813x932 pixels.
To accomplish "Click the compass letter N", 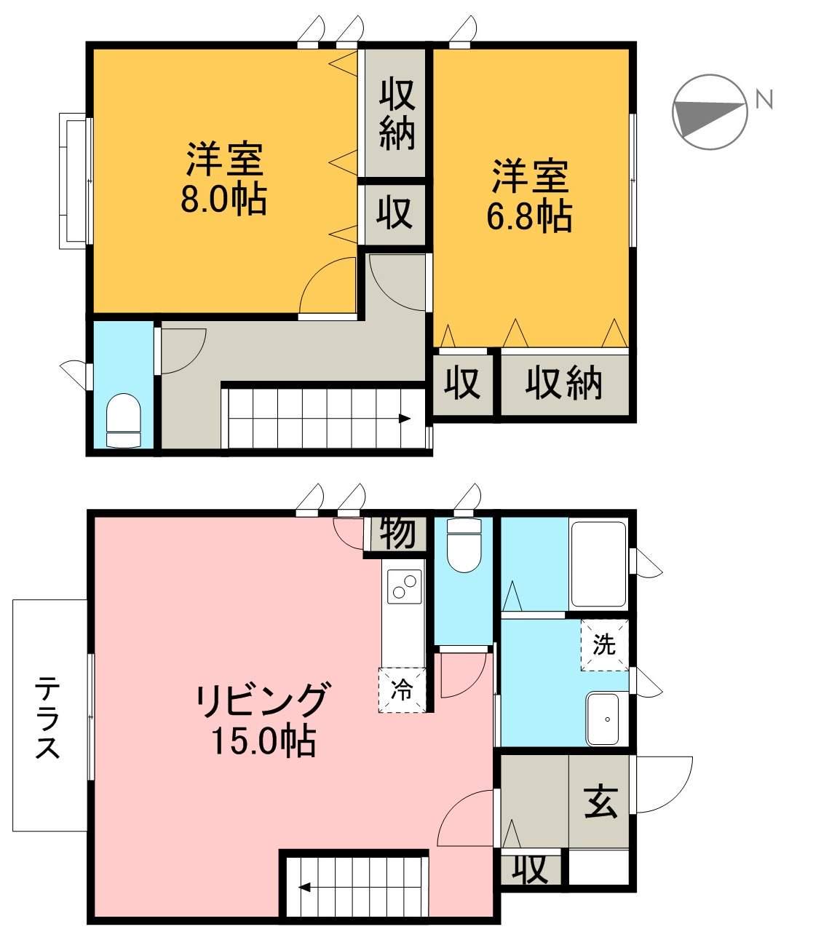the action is point(764,99).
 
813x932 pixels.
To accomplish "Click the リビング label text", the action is point(261,700).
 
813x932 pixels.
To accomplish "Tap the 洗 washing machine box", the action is point(604,645).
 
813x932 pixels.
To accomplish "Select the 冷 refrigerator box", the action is point(402,690).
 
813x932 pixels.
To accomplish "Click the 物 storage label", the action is point(397,533).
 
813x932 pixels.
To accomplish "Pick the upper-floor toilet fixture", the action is point(123,419).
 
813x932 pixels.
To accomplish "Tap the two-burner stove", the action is point(404,587).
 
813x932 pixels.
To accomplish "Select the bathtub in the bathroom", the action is point(598,564).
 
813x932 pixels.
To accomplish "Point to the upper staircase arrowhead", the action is point(405,418).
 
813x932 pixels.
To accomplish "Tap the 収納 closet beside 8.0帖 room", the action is point(397,114).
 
